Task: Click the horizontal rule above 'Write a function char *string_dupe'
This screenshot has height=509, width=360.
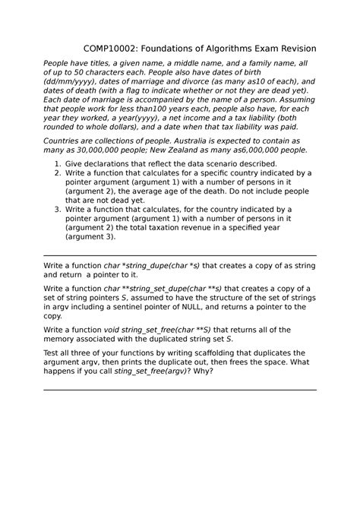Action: pos(180,256)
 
